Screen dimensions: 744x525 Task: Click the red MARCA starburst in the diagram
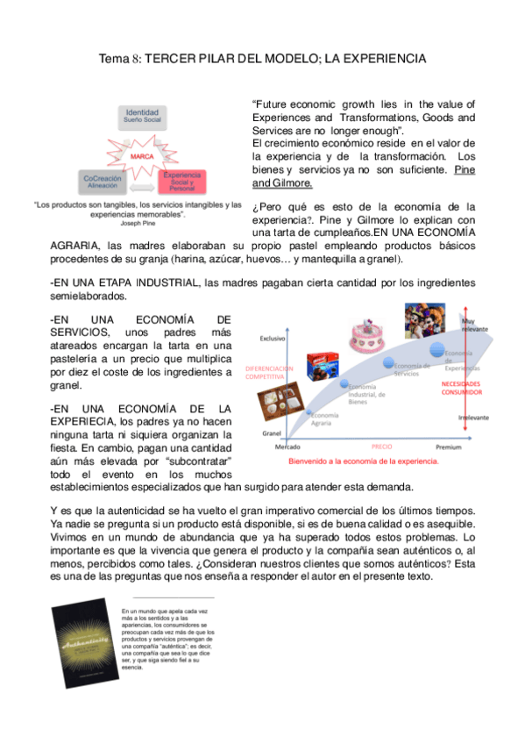coord(143,155)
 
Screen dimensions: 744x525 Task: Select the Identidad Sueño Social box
coord(142,117)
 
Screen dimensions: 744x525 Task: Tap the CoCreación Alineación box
coord(103,181)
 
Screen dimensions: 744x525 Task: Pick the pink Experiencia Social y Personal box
coord(183,181)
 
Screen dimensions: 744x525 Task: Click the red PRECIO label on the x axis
coord(382,447)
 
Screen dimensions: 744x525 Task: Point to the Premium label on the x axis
coord(449,447)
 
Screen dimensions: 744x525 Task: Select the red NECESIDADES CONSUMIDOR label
coord(461,389)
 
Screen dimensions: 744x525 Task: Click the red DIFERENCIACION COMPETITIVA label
coord(269,372)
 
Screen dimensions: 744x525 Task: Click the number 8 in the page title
coord(134,59)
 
